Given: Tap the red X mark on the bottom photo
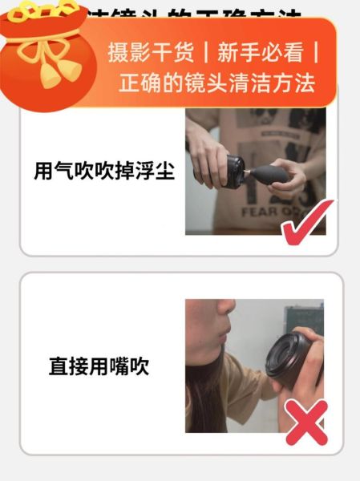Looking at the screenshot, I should [305, 422].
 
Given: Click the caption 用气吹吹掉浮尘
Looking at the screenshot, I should [104, 172].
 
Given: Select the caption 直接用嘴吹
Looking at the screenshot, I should [99, 367].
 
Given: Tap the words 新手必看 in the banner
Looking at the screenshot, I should [261, 54].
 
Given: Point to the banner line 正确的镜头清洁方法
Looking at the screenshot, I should [216, 83].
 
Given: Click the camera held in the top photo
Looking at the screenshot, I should [233, 170].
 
